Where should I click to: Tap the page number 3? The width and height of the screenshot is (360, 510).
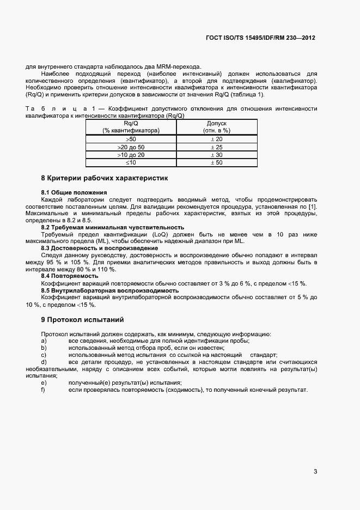coord(315,472)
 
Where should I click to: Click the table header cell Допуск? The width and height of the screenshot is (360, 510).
coord(217,124)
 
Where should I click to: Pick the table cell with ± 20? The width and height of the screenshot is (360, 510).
coord(217,139)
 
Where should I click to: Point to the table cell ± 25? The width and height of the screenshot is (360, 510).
coord(217,147)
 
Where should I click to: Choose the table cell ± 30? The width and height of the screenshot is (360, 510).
coord(217,155)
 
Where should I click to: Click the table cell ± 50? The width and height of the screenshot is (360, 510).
coord(217,162)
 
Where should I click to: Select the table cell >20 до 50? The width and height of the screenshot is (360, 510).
coord(131,147)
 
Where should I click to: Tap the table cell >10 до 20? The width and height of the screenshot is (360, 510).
coord(131,155)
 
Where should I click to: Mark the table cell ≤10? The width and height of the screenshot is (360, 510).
coord(131,162)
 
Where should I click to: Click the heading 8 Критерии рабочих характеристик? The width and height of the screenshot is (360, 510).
coord(105,178)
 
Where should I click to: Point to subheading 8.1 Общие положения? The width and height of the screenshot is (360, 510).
coord(74,192)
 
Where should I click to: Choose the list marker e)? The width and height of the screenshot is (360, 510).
coord(44,382)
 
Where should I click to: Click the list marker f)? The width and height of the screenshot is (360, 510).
coord(43,390)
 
